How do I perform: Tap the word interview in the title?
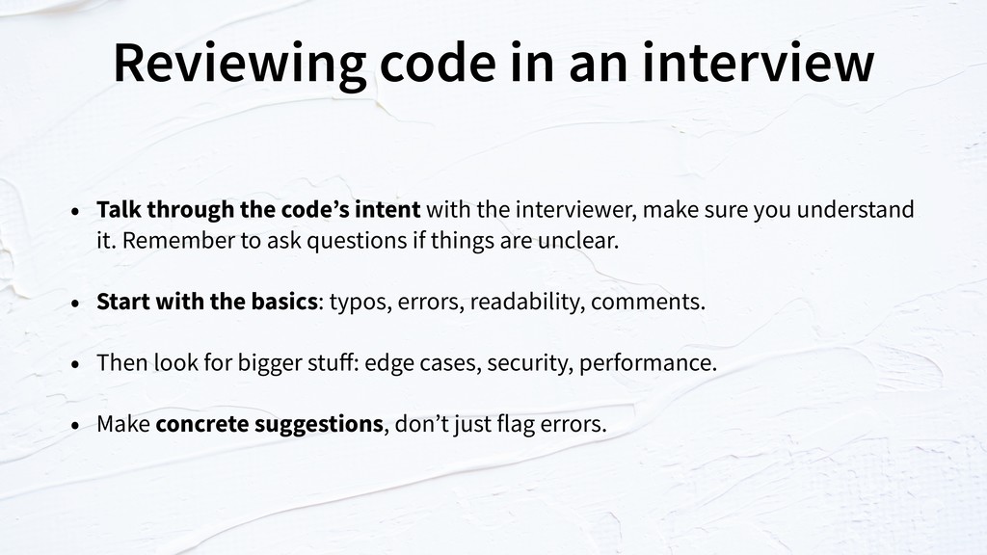pyautogui.click(x=758, y=63)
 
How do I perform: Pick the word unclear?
pyautogui.click(x=578, y=240)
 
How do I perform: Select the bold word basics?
pyautogui.click(x=284, y=301)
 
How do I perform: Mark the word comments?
pyautogui.click(x=648, y=302)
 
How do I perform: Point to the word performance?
pyautogui.click(x=648, y=363)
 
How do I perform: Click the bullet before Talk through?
pyautogui.click(x=75, y=211)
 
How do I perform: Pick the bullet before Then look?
pyautogui.click(x=75, y=364)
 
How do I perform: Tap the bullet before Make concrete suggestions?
pyautogui.click(x=75, y=425)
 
